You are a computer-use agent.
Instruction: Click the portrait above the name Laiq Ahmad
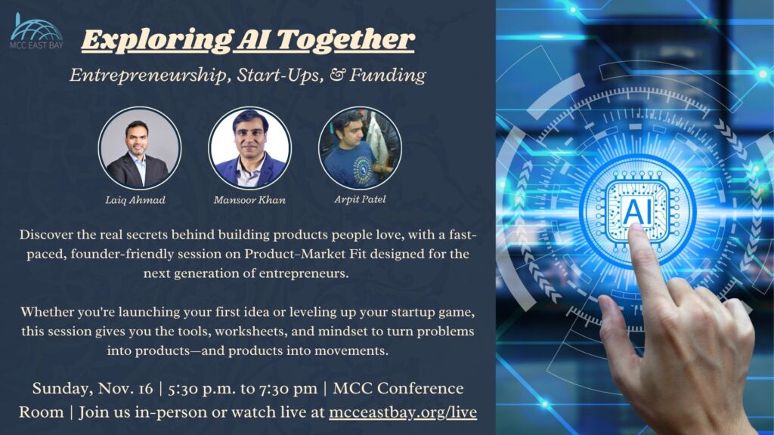point(139,148)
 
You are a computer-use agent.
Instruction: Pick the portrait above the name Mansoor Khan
point(249,148)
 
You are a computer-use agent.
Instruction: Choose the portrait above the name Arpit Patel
point(360,148)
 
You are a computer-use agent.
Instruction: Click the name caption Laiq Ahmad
point(137,201)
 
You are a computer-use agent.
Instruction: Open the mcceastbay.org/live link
point(403,412)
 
